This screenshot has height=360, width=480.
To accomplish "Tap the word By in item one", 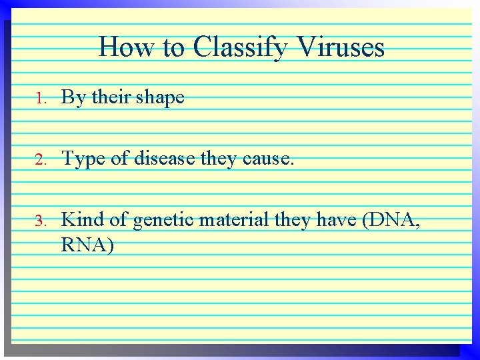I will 74,98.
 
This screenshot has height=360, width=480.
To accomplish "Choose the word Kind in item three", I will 83,220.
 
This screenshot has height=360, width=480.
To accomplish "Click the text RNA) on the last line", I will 87,245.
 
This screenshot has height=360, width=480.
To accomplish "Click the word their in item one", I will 111,98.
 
